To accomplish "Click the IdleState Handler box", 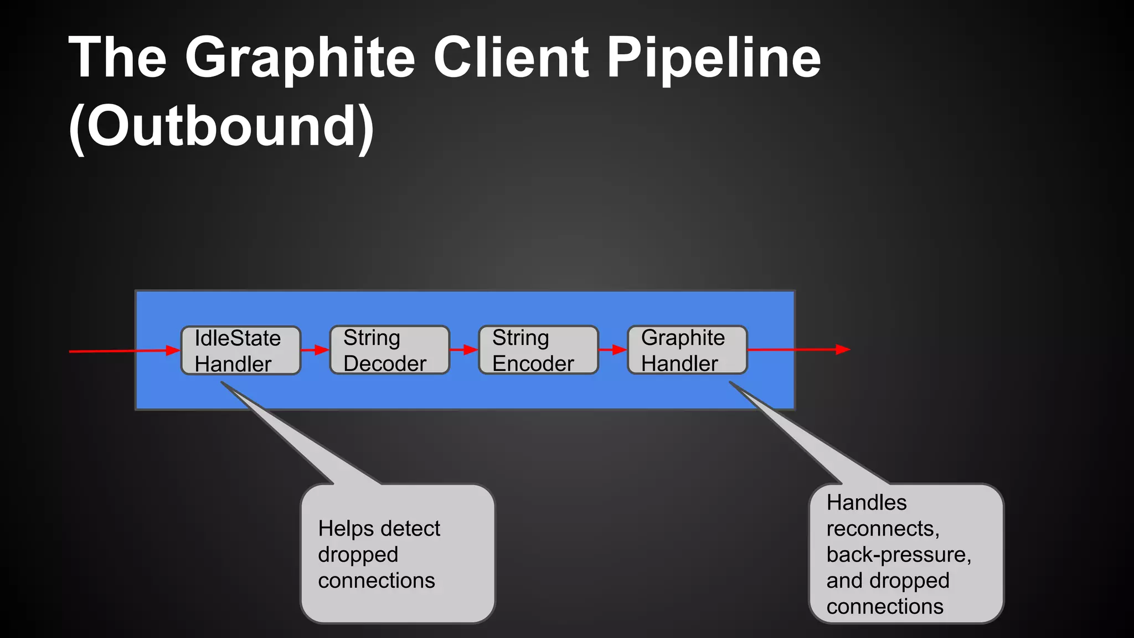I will click(x=241, y=351).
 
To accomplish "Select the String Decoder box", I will click(x=389, y=350).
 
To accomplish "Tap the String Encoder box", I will click(x=538, y=350).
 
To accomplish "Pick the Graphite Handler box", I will click(x=687, y=350).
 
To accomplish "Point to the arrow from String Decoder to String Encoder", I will click(x=464, y=350).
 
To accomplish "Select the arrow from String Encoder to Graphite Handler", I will click(x=613, y=350).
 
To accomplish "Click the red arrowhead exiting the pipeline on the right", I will click(x=843, y=349).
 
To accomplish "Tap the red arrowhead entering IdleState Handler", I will click(x=173, y=350).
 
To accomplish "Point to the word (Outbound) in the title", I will click(x=221, y=127).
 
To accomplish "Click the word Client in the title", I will click(x=511, y=57).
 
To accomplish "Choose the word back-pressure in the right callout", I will click(x=898, y=554).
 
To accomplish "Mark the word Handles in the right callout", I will click(x=867, y=502).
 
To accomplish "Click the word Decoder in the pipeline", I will click(x=385, y=363).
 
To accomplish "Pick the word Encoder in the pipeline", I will click(x=533, y=363).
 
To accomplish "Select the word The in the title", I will click(x=117, y=57).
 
